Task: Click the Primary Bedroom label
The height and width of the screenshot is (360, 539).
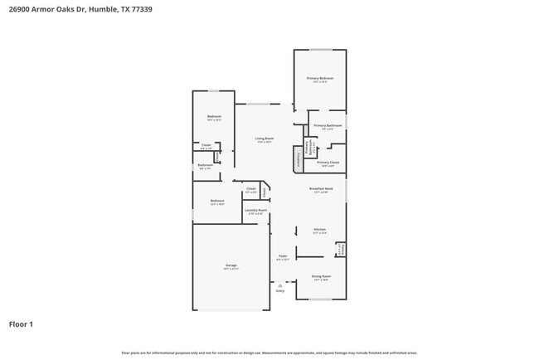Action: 319,78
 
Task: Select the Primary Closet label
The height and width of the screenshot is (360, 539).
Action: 328,162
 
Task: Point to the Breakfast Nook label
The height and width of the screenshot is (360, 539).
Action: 321,188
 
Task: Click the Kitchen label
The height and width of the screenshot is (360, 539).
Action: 319,229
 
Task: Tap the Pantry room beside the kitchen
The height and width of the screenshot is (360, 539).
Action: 341,249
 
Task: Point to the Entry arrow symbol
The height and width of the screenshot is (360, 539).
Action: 279,285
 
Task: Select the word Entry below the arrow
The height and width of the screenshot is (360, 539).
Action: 279,291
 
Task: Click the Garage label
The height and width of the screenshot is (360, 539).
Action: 231,265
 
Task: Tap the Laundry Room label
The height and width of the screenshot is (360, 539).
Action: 255,210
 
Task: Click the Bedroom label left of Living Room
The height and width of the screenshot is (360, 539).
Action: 214,116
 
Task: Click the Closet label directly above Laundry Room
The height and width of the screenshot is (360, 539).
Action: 250,188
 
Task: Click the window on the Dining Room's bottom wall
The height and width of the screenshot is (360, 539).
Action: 320,299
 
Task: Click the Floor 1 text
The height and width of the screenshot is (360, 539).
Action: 21,324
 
